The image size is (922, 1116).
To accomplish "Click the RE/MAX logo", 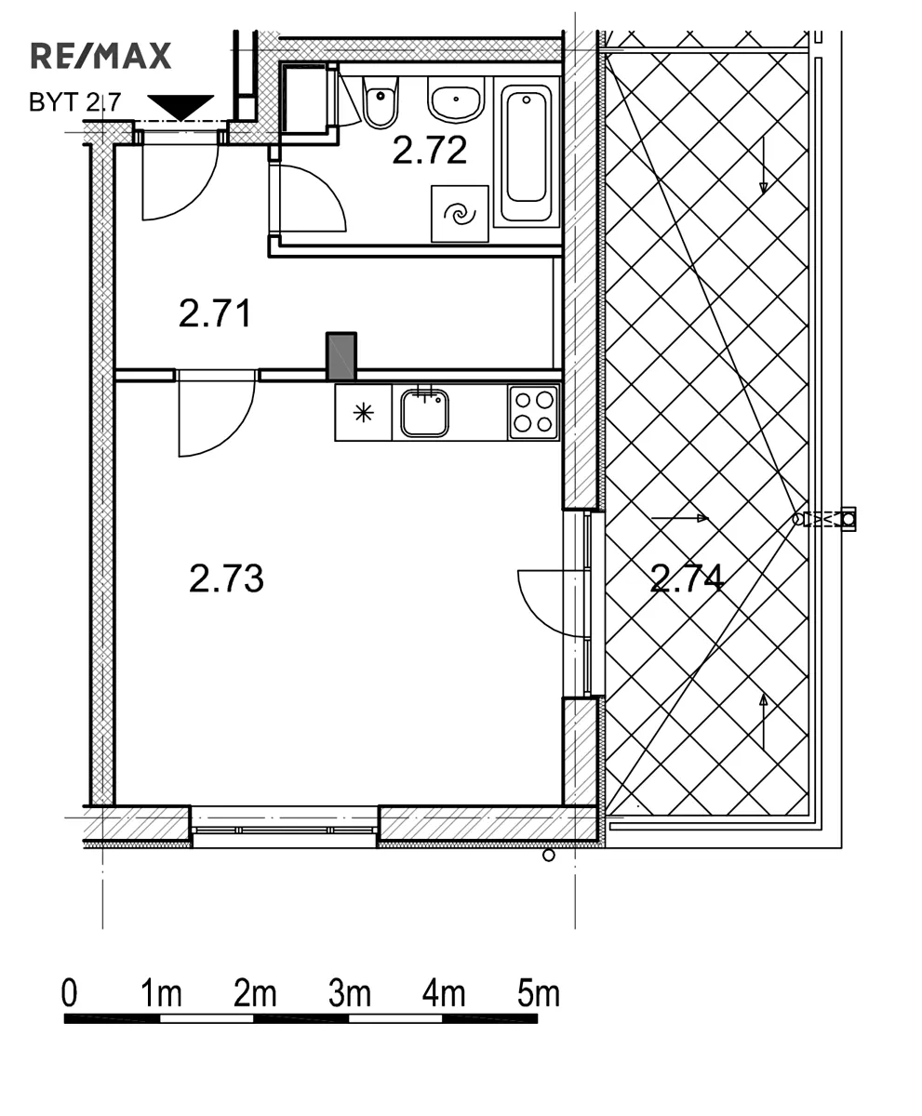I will coord(100,56).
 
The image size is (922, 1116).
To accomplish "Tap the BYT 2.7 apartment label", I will coord(74,102).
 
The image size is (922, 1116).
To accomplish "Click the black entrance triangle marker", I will coord(180,107).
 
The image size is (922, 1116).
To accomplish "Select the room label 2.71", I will coord(215,313).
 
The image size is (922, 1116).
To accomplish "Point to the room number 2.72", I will coord(429,150).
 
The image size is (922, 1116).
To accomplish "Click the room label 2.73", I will coord(226,578).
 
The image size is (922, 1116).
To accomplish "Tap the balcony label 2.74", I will coord(687,578).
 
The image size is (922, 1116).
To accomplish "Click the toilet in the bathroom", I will coord(380,102).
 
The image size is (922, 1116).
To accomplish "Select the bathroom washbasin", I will coord(456,99).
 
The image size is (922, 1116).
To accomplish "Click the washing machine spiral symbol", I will coord(460,214).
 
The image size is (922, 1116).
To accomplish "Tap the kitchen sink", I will coord(424,413).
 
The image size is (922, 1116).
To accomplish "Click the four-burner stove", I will coord(533,412).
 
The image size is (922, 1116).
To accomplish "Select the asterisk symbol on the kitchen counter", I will coord(363,412).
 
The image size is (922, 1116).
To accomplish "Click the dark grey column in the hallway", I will coord(341,356).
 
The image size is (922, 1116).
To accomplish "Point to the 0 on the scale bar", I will coord(70,994).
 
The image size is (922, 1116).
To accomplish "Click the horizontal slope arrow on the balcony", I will coord(680,518).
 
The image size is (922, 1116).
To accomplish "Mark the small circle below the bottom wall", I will coord(549,856).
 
